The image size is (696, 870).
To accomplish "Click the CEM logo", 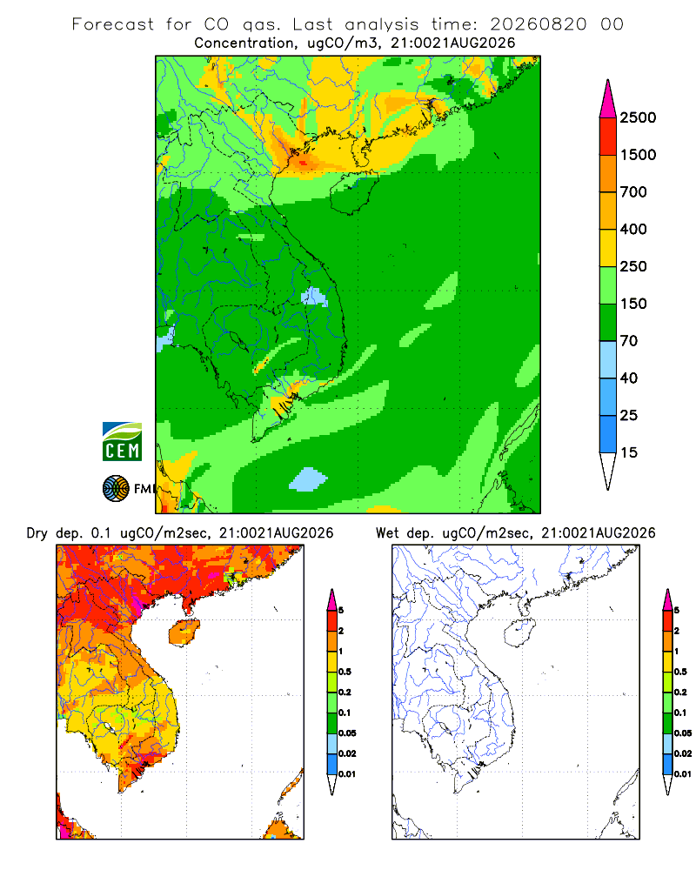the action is tap(122, 442).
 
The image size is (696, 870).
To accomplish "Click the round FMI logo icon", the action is tap(116, 489).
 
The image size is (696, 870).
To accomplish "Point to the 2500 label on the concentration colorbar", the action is tap(638, 117).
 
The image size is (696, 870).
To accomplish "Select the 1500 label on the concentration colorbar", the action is tap(638, 155).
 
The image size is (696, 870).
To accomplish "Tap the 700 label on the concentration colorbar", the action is tap(633, 192).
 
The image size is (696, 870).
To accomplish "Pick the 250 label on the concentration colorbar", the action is tap(633, 266).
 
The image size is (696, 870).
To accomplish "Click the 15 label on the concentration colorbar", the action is tap(629, 452).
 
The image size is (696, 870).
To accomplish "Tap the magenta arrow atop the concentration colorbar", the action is tap(608, 98).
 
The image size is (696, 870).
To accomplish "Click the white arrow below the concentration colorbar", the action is tap(608, 471).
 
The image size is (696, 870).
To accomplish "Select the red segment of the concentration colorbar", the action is tap(608, 137).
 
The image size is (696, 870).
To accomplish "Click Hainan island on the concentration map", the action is tap(353, 192).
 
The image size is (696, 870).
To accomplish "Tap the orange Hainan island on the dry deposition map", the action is tap(184, 632).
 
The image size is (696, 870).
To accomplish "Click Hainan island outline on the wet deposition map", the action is tap(519, 632).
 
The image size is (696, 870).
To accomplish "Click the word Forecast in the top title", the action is tap(113, 24).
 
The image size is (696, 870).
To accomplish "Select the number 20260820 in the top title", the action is tap(538, 24).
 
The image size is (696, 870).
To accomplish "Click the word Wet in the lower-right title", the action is tap(387, 533).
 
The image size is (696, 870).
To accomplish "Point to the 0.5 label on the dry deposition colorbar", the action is tap(345, 672).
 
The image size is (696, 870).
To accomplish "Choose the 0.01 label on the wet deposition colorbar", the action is tap(683, 774).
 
